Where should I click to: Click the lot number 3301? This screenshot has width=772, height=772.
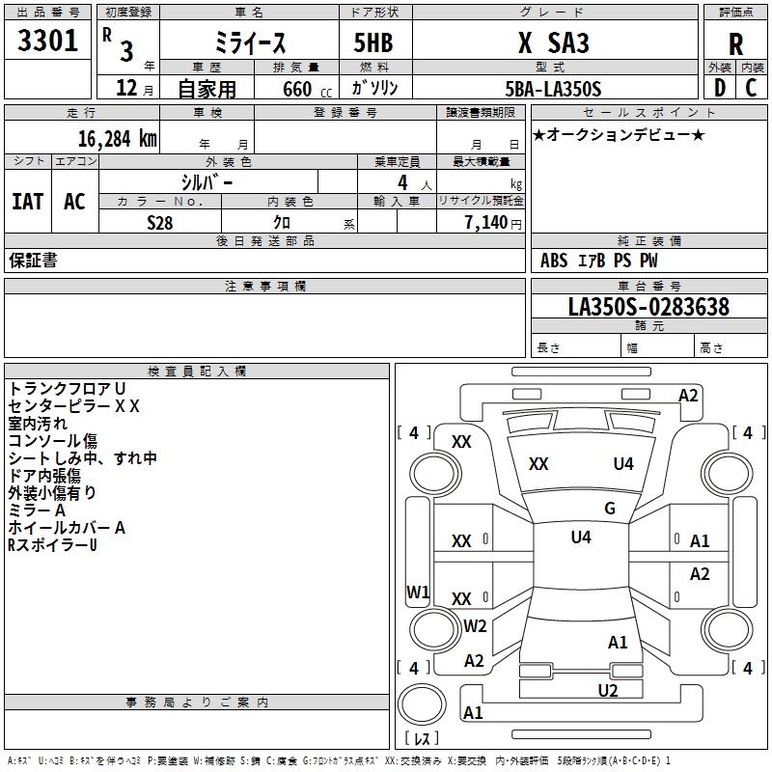pyautogui.click(x=47, y=41)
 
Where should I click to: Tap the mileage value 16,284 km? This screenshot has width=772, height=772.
pyautogui.click(x=117, y=139)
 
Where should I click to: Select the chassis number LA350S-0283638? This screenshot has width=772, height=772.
pyautogui.click(x=648, y=307)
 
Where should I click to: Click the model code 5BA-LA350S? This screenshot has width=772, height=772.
pyautogui.click(x=553, y=89)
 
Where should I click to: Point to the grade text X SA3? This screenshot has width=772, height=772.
pyautogui.click(x=553, y=42)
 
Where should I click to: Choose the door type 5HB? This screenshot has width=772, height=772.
pyautogui.click(x=373, y=42)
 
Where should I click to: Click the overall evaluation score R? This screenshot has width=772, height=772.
pyautogui.click(x=735, y=44)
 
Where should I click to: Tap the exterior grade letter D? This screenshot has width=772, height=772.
pyautogui.click(x=720, y=88)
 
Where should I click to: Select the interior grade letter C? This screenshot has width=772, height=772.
pyautogui.click(x=751, y=88)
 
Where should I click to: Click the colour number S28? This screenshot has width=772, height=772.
pyautogui.click(x=159, y=223)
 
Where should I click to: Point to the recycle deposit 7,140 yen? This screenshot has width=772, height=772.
pyautogui.click(x=493, y=223)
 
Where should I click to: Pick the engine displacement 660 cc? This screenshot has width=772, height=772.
pyautogui.click(x=307, y=90)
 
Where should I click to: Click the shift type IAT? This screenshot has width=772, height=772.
pyautogui.click(x=28, y=202)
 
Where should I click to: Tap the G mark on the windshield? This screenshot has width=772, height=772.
pyautogui.click(x=610, y=509)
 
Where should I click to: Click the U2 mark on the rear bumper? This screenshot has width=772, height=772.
pyautogui.click(x=608, y=690)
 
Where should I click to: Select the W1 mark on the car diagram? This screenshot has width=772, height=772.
pyautogui.click(x=418, y=592)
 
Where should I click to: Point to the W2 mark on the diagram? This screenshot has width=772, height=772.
pyautogui.click(x=475, y=625)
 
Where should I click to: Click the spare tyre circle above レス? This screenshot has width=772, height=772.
pyautogui.click(x=422, y=704)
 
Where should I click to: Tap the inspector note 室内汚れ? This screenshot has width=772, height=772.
pyautogui.click(x=38, y=424)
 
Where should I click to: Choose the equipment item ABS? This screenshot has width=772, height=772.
pyautogui.click(x=553, y=261)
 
